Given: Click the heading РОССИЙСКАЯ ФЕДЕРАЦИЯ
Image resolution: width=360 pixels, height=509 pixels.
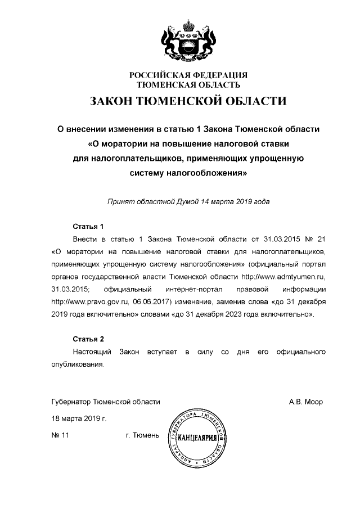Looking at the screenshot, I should point(188,75).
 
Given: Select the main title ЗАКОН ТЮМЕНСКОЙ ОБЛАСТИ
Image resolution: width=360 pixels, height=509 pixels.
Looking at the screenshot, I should point(188,101).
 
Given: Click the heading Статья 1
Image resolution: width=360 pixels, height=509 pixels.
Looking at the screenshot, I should point(88,227).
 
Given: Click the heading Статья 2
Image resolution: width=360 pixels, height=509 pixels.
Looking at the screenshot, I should point(88,339).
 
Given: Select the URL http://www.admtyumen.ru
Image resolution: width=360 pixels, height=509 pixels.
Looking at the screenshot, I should point(283,276).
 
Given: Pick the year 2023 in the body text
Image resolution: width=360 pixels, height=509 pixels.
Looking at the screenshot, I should point(239,313).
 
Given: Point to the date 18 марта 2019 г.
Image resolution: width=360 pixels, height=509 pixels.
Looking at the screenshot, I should point(79,419).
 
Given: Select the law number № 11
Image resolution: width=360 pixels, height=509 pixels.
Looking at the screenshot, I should point(60,436).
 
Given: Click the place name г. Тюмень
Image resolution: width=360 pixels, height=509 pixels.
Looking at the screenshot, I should point(142,436).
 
